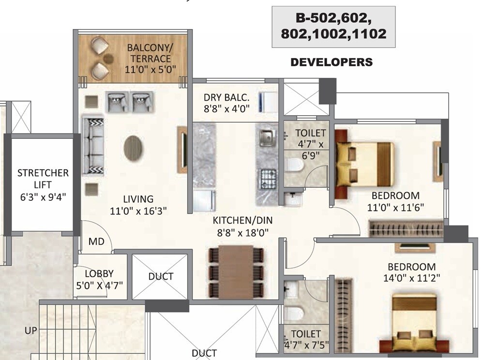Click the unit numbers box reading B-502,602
point(333,27)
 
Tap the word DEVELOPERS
point(332,62)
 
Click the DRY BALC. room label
point(227,102)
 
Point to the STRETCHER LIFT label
point(43,184)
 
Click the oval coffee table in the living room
point(133,148)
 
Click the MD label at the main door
point(97,241)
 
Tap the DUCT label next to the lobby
point(161,276)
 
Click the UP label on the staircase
point(31,331)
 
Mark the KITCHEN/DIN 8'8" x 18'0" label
point(242,226)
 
